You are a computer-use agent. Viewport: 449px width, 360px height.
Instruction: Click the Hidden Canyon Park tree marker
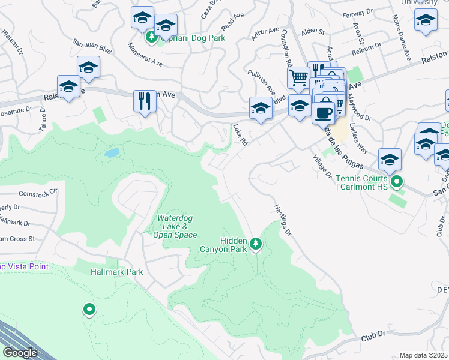(256, 243)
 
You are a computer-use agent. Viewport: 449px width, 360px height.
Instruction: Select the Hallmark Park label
(116, 272)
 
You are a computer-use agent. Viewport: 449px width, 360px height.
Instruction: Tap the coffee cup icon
(323, 112)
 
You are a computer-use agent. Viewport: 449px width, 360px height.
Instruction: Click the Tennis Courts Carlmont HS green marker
(396, 181)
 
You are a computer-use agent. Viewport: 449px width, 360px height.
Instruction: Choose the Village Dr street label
(322, 166)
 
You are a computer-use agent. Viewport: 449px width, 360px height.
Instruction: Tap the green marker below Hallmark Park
(89, 309)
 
